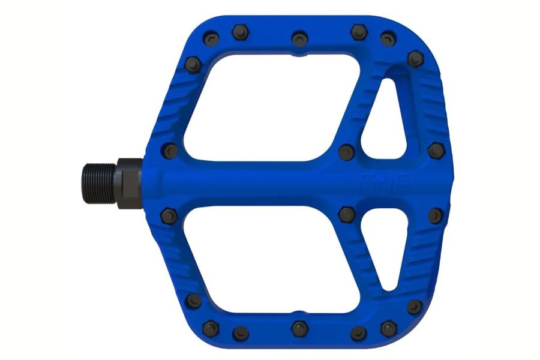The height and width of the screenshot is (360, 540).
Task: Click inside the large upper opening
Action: tap(270, 108)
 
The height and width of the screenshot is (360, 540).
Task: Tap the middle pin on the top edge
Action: tap(298, 38)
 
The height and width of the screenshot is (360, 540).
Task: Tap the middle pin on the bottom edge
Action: tap(298, 328)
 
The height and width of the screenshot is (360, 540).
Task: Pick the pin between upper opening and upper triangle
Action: tap(346, 151)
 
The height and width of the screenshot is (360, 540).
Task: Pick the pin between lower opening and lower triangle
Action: tap(346, 212)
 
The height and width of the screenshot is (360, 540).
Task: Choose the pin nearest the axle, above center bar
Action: tap(170, 149)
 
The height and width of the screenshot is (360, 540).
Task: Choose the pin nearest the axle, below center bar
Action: tap(171, 215)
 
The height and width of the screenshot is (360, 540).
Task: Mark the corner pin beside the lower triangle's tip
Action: tap(415, 307)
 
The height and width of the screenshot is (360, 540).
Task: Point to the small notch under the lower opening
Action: tap(298, 308)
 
